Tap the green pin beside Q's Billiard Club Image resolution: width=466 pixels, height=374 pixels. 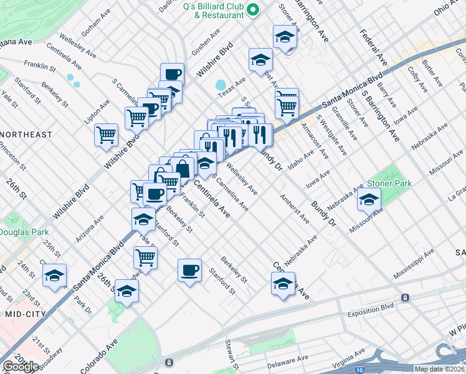(x=253, y=9)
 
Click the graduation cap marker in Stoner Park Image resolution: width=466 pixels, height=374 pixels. (x=369, y=200)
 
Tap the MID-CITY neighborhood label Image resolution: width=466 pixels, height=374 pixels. (x=25, y=314)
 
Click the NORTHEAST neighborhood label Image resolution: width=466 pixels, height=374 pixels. (x=26, y=135)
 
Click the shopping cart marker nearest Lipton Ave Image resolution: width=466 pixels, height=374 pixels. (x=107, y=135)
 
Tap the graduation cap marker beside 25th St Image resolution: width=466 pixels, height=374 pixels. (x=54, y=275)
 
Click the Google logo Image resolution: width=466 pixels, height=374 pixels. (x=21, y=367)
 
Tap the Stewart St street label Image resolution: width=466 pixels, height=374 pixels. (x=231, y=353)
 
